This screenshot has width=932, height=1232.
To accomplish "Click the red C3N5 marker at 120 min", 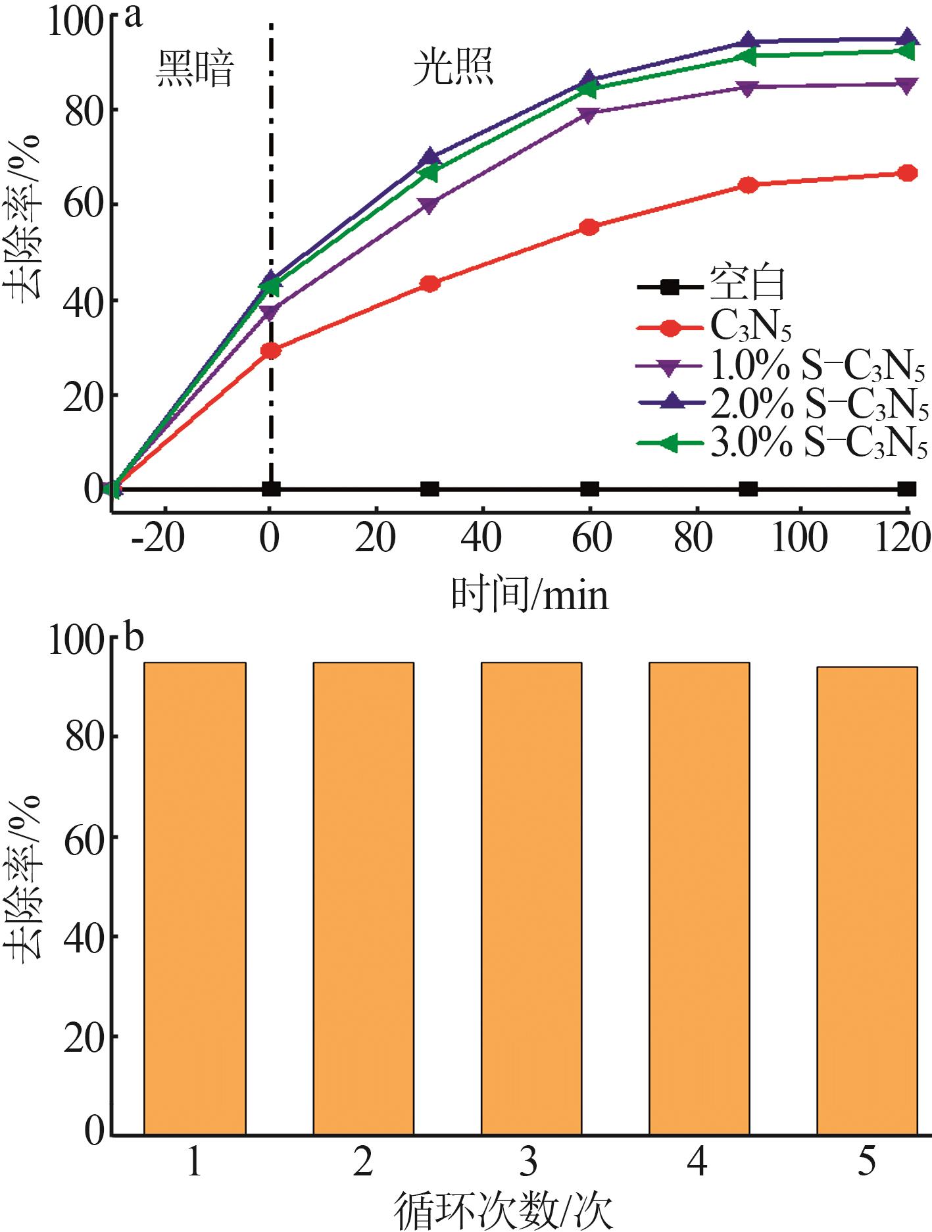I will coord(907,173).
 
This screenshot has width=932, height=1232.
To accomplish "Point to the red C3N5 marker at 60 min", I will coord(590,228).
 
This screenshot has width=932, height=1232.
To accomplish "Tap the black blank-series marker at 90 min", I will coord(748,489).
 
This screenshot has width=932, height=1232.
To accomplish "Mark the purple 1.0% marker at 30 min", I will coord(429,205).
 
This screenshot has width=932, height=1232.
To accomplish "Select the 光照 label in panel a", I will coord(453,68).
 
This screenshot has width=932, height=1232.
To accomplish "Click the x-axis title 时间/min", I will coord(530,594).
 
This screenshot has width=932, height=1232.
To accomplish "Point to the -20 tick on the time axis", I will coord(158,537).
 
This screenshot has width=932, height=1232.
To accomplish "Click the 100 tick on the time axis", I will coord(799,537).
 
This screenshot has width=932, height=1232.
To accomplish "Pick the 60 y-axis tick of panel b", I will coord(84,837).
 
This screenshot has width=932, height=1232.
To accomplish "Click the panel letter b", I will coord(134,637).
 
